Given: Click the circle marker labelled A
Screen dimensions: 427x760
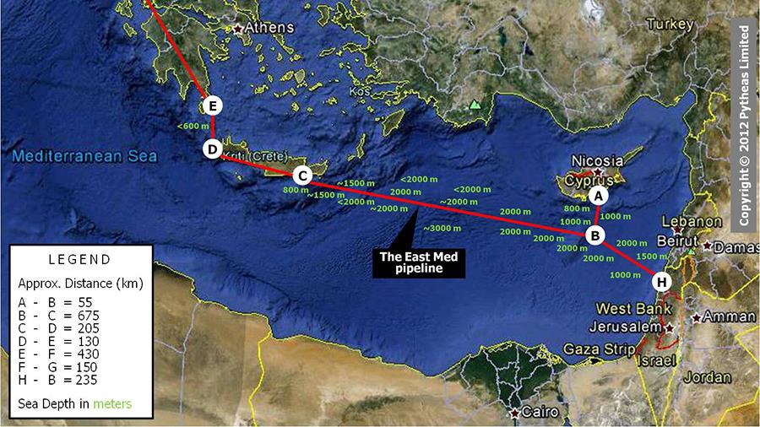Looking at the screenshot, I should coord(599,195).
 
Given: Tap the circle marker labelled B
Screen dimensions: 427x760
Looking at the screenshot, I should coord(594,235).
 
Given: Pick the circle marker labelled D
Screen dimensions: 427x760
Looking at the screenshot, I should coord(213,149).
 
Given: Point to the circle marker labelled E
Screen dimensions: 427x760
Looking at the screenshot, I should coord(213,105).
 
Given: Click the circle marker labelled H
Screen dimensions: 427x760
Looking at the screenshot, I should coord(662,281).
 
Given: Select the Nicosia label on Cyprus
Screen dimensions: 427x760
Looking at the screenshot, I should coord(597,160).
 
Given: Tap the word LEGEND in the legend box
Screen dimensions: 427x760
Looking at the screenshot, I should coord(79,259).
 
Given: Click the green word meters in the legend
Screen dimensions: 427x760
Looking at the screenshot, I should coord(113,403).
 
